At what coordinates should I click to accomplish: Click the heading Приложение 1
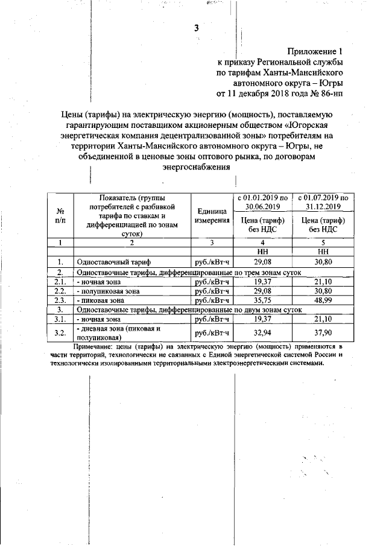(x=315, y=51)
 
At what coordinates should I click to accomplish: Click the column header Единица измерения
(x=212, y=215)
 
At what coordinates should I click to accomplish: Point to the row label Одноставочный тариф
(x=112, y=262)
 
